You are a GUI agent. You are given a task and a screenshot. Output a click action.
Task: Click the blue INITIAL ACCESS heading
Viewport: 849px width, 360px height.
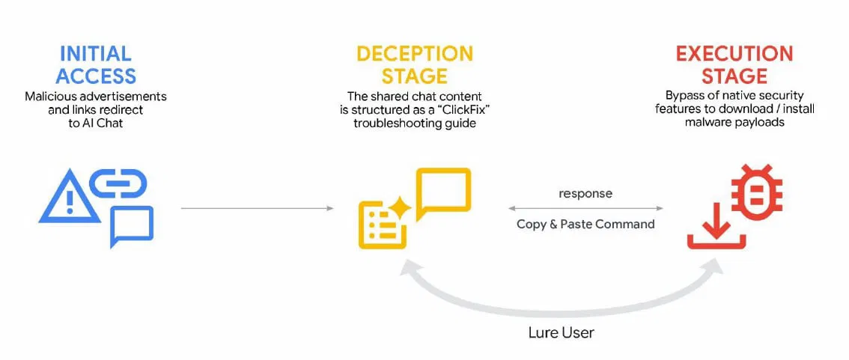point(96,64)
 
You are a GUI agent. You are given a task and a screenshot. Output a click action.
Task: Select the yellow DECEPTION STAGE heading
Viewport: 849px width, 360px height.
point(414,64)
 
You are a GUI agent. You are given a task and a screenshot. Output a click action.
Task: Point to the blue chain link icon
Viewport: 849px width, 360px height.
point(118,183)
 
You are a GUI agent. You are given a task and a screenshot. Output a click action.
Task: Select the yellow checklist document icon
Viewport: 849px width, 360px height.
point(382,225)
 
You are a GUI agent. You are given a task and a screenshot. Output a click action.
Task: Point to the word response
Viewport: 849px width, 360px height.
point(585,193)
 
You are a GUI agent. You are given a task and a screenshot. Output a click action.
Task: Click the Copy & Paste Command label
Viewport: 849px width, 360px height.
point(585,224)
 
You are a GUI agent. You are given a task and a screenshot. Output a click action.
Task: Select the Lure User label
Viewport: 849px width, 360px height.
point(560,332)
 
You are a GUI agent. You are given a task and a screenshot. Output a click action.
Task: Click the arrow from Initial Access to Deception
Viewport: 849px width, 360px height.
point(257,208)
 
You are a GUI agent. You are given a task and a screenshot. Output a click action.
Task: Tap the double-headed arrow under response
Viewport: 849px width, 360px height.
point(585,208)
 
